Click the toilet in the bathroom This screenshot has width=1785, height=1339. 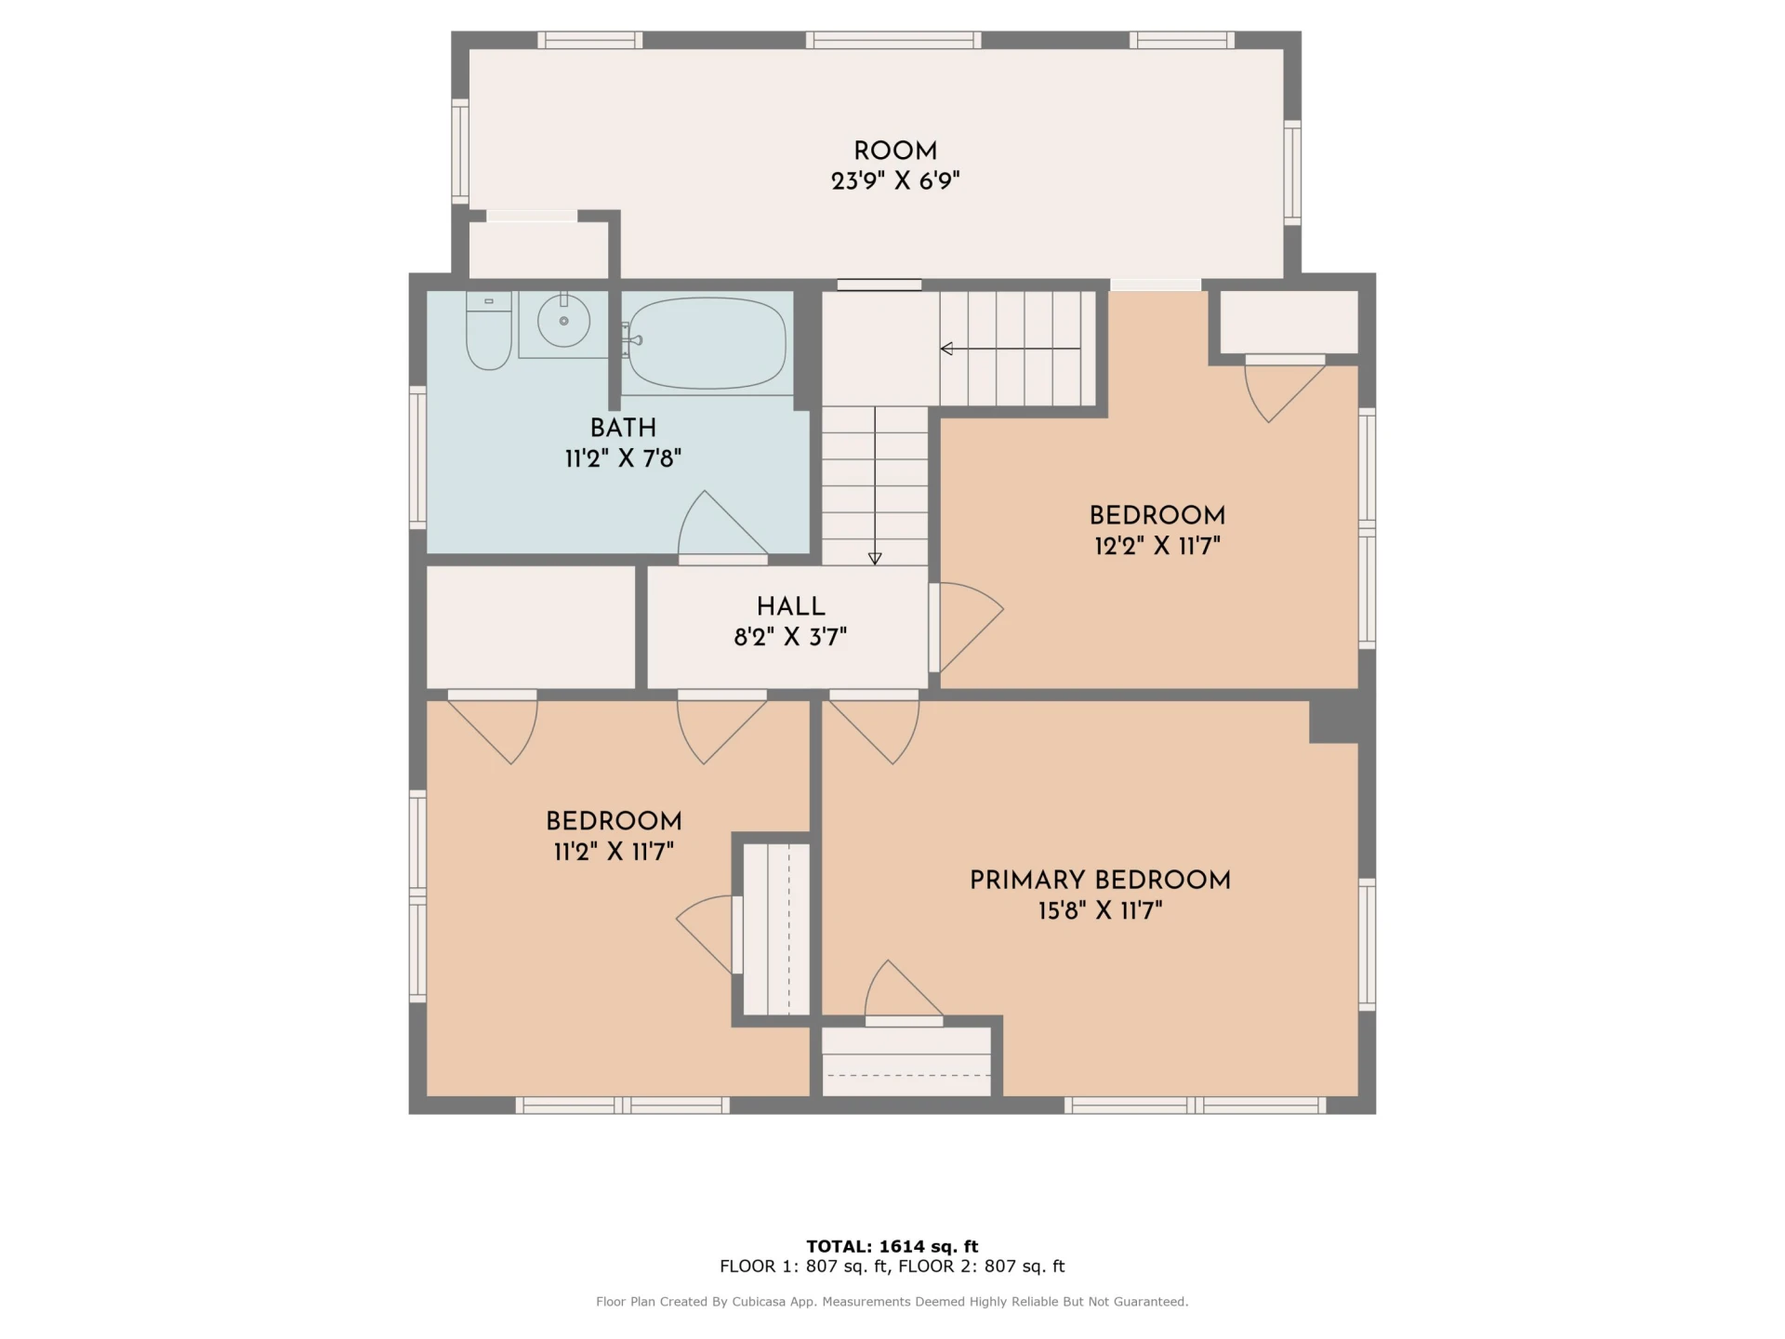pyautogui.click(x=488, y=330)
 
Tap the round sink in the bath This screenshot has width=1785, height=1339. pyautogui.click(x=563, y=321)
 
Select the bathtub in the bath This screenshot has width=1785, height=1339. pyautogui.click(x=707, y=343)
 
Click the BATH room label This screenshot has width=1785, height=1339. pyautogui.click(x=623, y=428)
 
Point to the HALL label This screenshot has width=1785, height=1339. pyautogui.click(x=790, y=606)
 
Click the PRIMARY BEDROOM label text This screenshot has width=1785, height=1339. pyautogui.click(x=1100, y=880)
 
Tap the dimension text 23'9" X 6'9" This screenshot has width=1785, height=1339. pyautogui.click(x=895, y=180)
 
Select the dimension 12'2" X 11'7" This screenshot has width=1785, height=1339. pyautogui.click(x=1157, y=545)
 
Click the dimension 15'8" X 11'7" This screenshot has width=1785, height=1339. pyautogui.click(x=1100, y=909)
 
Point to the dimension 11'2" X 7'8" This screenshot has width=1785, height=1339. pyautogui.click(x=623, y=457)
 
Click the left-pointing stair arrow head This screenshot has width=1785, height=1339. pyautogui.click(x=946, y=349)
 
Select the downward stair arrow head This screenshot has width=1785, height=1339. pyautogui.click(x=875, y=559)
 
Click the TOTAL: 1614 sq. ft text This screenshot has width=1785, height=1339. pyautogui.click(x=892, y=1246)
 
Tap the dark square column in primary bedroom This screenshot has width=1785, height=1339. pyautogui.click(x=1334, y=722)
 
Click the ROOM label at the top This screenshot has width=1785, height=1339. pyautogui.click(x=895, y=151)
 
